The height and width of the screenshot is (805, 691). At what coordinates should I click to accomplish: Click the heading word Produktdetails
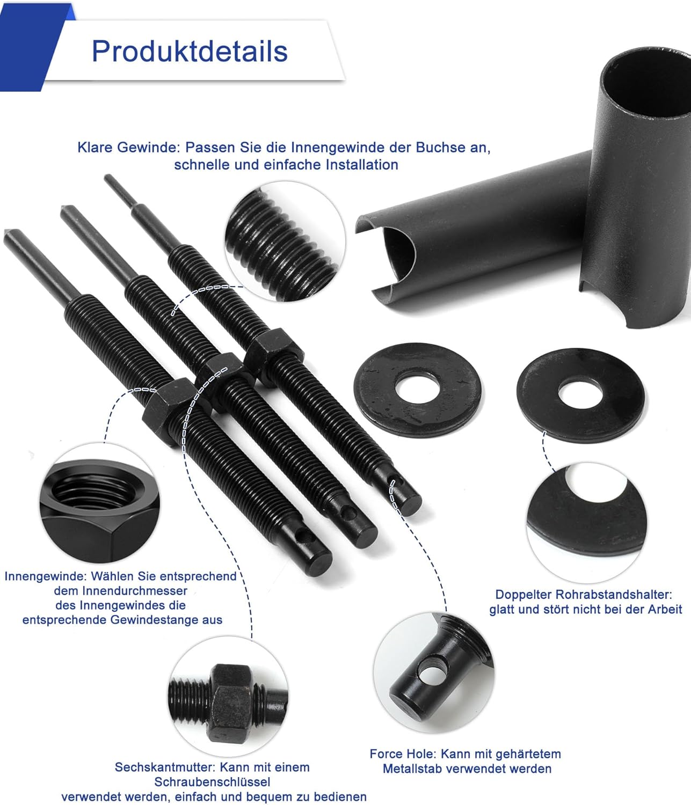click(x=190, y=52)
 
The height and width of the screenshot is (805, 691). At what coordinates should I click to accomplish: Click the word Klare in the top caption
click(x=95, y=148)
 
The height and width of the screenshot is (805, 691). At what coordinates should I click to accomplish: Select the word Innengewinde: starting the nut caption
click(x=46, y=576)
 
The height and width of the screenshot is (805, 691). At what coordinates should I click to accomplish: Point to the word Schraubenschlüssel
click(x=213, y=781)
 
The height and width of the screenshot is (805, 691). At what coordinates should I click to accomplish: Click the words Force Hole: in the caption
click(x=403, y=753)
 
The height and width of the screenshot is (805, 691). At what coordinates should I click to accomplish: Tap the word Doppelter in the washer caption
click(x=523, y=594)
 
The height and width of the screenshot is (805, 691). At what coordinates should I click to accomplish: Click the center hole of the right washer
click(x=580, y=394)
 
